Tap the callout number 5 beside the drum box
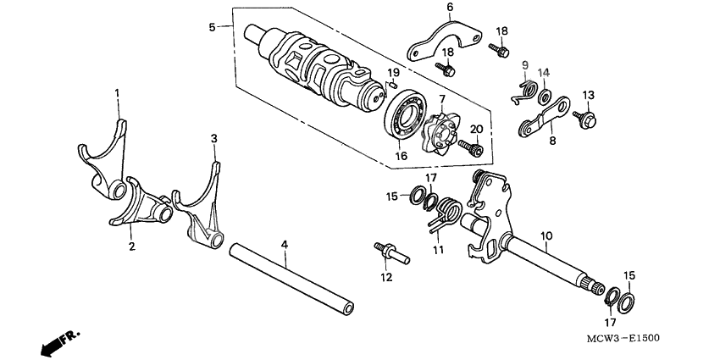click(x=213, y=27)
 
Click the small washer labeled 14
click(x=543, y=90)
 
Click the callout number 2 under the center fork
click(x=131, y=246)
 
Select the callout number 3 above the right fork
click(x=213, y=138)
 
